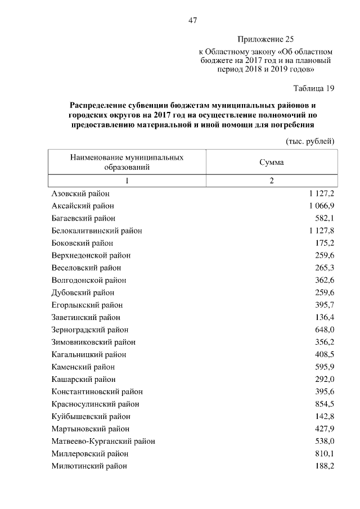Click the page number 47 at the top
192,21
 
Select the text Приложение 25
265,39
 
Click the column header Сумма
271,162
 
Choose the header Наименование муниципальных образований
127,163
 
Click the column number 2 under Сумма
271,181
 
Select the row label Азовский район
80,193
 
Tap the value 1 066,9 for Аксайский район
321,206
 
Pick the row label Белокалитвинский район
96,231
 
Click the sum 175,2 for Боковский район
325,243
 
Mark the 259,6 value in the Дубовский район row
325,292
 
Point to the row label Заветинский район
85,317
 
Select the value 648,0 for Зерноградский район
325,330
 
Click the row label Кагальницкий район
88,354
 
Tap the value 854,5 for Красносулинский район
325,404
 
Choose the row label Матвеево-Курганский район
103,441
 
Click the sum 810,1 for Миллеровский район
325,453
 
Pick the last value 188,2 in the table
325,466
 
